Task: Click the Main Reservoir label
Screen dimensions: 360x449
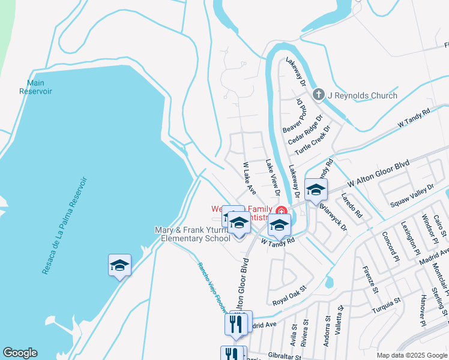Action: tap(35, 87)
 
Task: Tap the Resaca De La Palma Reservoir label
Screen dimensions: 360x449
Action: tap(65, 226)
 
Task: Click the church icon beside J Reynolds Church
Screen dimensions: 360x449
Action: tap(318, 94)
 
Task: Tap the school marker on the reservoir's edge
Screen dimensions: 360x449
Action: tap(119, 265)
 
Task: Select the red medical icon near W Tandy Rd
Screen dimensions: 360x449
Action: tap(281, 210)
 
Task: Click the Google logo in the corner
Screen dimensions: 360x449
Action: tap(19, 353)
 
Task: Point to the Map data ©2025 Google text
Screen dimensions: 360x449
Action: tap(411, 355)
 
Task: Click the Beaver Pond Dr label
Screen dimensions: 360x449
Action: tap(295, 118)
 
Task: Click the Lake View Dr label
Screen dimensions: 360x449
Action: tap(273, 178)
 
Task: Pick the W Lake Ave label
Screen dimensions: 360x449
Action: tap(249, 178)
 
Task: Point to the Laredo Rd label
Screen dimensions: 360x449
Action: tap(352, 205)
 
